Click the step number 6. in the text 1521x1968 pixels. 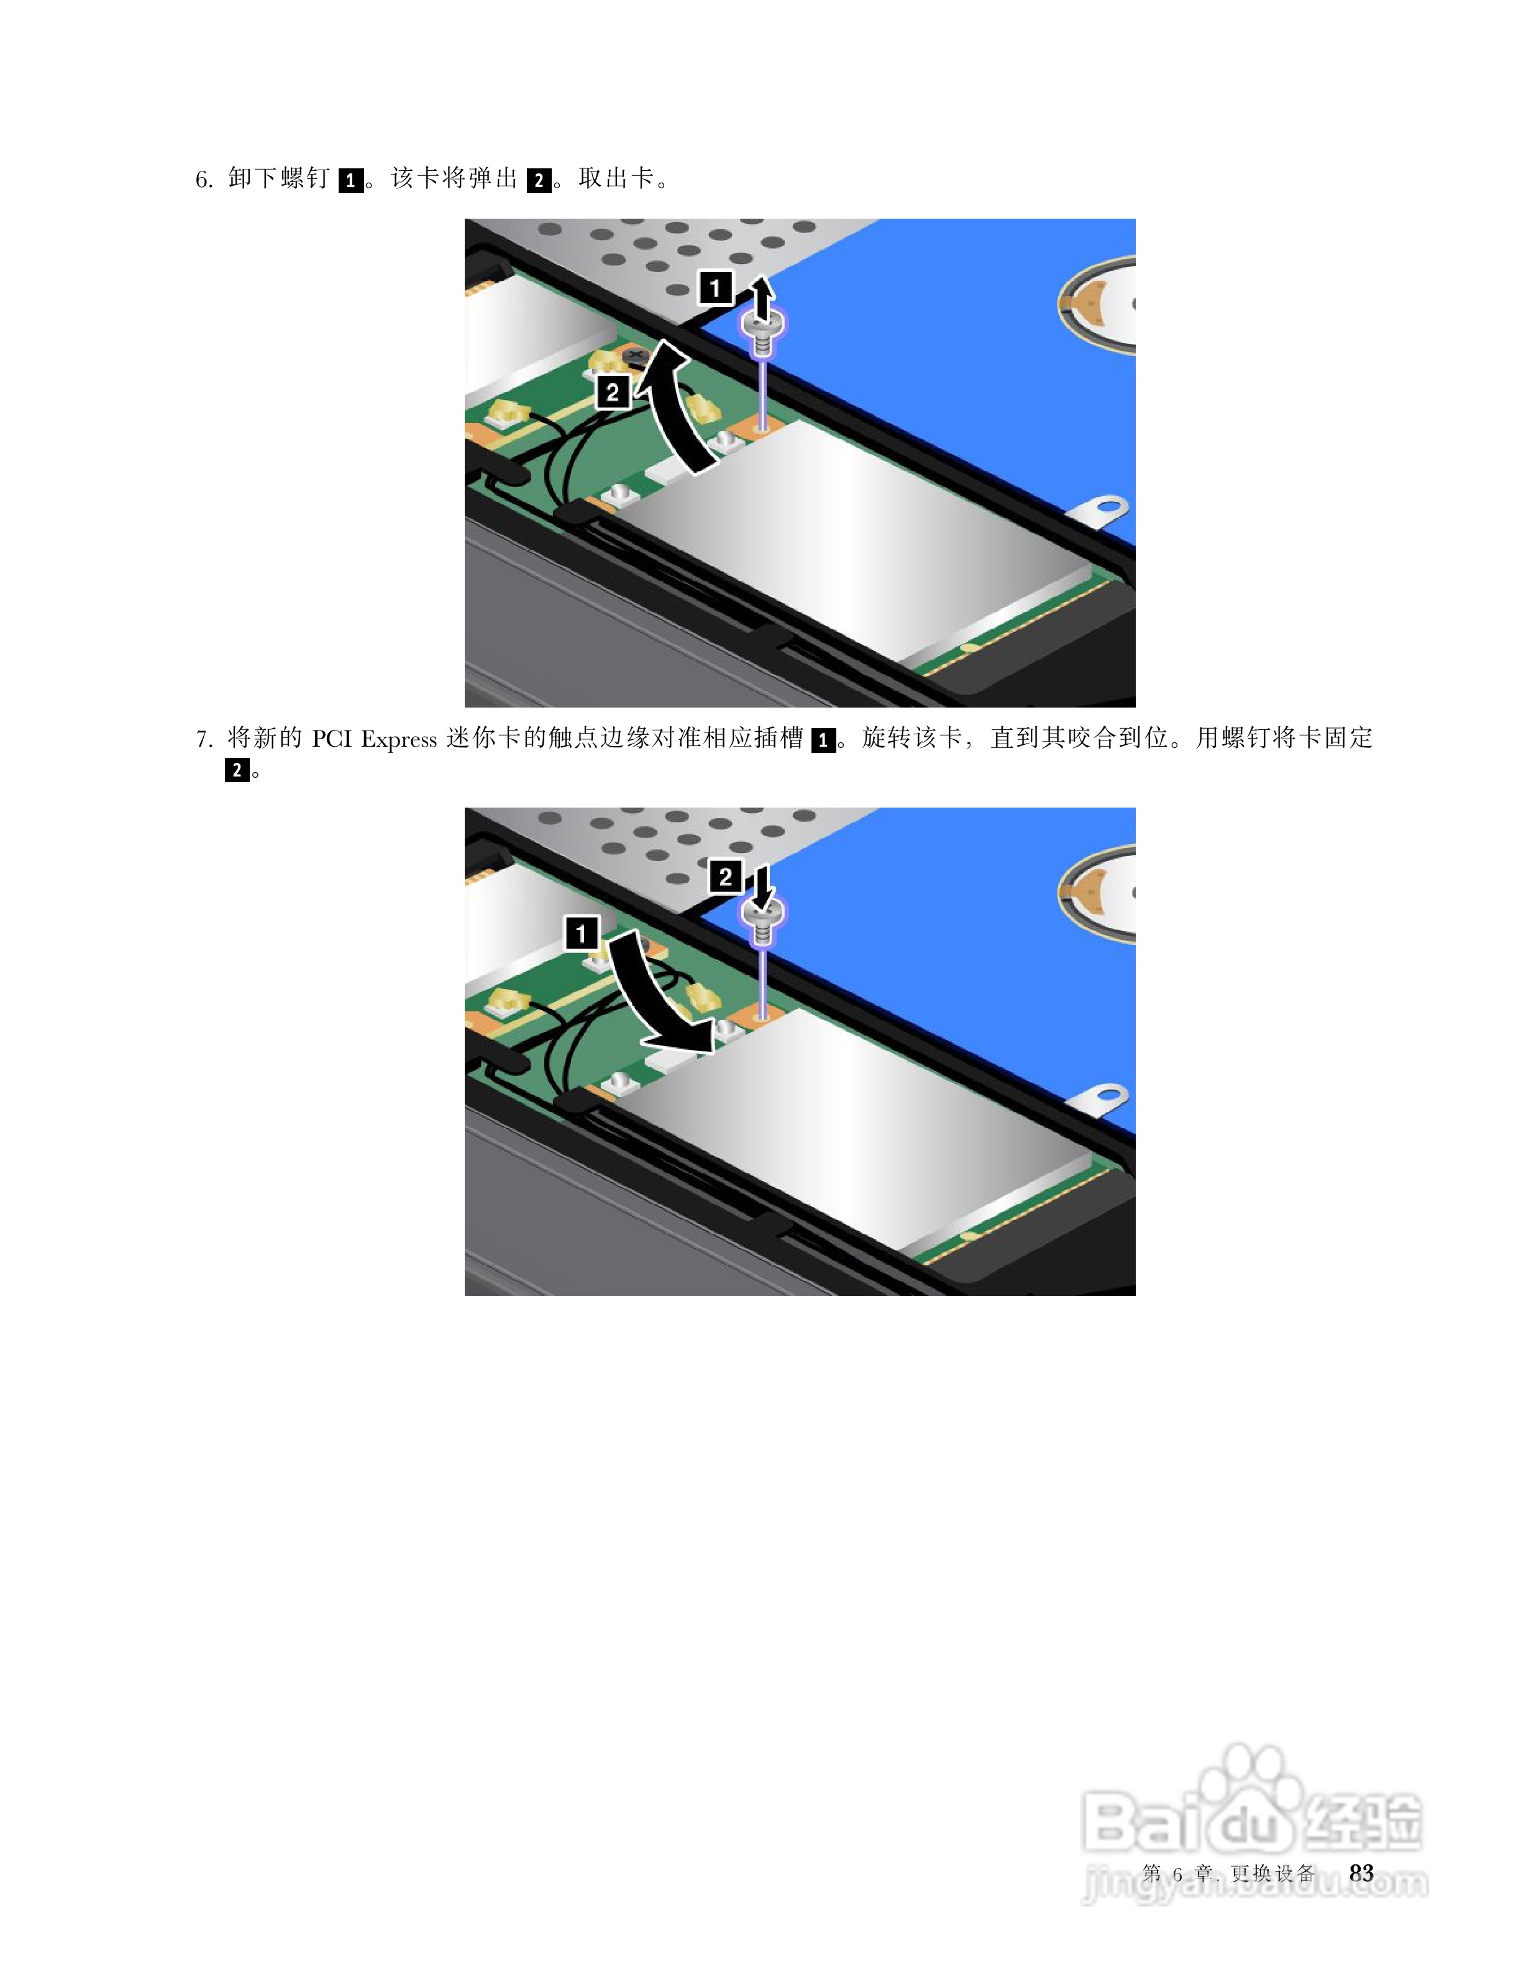pyautogui.click(x=204, y=180)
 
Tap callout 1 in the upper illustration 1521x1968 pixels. pyautogui.click(x=715, y=288)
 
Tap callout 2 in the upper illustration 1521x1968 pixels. pyautogui.click(x=613, y=393)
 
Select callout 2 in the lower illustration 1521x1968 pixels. pyautogui.click(x=725, y=877)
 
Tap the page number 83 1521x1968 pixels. pyautogui.click(x=1361, y=1874)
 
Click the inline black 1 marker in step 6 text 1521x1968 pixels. pyautogui.click(x=350, y=180)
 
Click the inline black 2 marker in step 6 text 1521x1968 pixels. pyautogui.click(x=539, y=180)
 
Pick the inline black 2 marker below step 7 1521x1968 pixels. pyautogui.click(x=237, y=770)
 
